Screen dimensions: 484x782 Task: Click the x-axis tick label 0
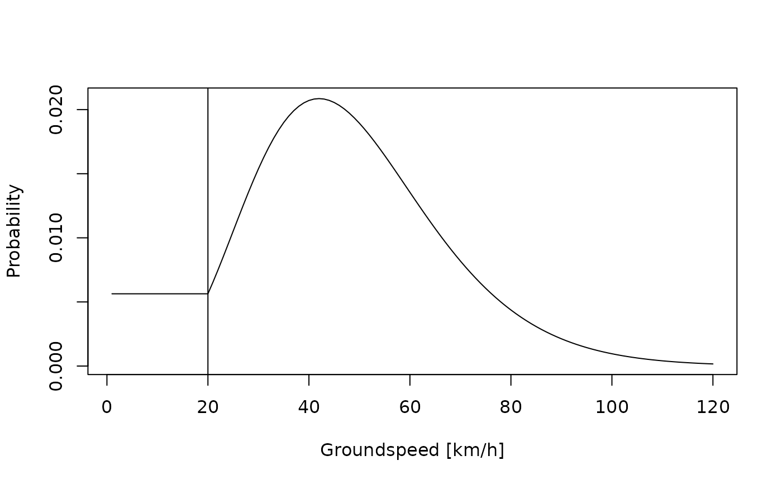coord(107,407)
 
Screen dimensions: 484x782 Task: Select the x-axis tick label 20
coord(208,407)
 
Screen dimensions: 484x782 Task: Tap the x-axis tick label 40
coord(309,407)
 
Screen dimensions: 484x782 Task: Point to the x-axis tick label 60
coord(410,407)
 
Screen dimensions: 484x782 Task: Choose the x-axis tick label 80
coord(511,407)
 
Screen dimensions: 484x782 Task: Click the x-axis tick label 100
coord(612,407)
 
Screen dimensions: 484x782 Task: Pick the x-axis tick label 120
coord(713,407)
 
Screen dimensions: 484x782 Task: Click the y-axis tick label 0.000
coord(56,366)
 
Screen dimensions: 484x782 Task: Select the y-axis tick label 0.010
coord(56,238)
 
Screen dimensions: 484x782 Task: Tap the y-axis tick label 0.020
coord(56,110)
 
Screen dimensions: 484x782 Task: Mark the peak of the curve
coord(319,99)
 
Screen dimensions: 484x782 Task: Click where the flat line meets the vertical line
coord(208,293)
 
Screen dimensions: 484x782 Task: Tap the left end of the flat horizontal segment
coord(112,293)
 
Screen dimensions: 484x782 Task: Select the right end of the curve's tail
coord(713,364)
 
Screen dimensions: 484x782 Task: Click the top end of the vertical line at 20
coord(208,89)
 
